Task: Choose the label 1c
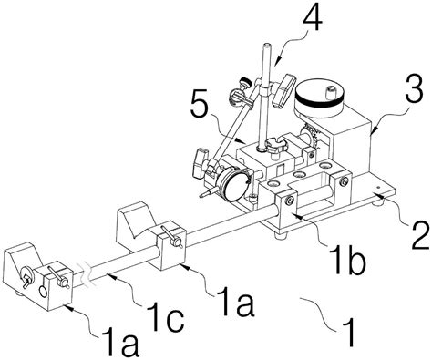165,317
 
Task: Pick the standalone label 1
348,332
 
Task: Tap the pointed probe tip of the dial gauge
201,196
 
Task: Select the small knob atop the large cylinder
330,91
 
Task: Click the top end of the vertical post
266,46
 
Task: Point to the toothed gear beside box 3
310,137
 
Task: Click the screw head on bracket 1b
290,201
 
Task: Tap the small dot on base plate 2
377,187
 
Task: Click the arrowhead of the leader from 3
373,131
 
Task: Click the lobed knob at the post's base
275,145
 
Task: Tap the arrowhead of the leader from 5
242,141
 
